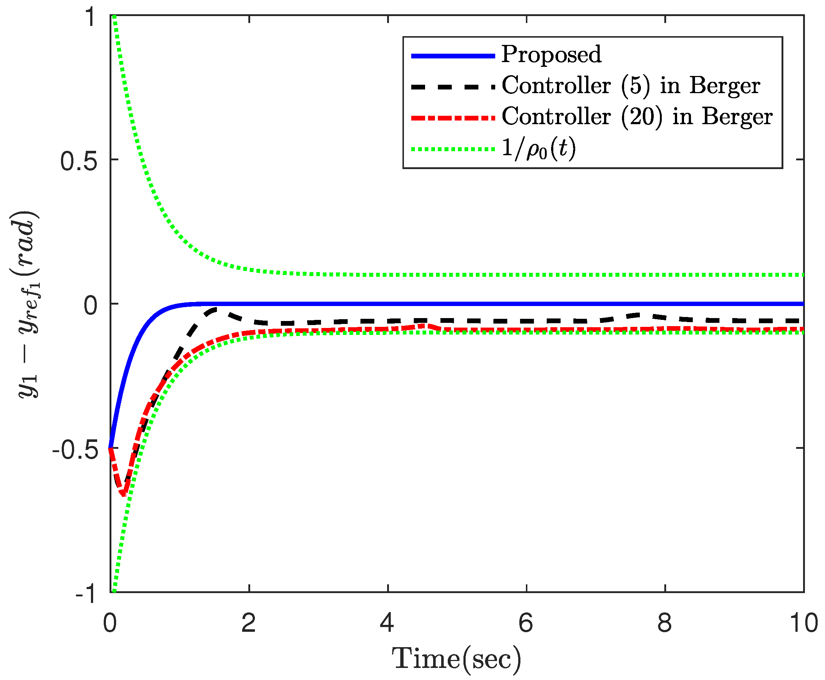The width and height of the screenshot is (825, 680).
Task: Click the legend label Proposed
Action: click(x=551, y=54)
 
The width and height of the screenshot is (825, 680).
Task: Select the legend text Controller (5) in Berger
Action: click(x=631, y=86)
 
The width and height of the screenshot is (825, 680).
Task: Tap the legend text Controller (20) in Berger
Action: click(x=637, y=117)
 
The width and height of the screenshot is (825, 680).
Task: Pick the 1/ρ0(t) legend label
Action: click(x=539, y=149)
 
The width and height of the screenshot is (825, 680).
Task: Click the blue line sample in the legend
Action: click(x=453, y=56)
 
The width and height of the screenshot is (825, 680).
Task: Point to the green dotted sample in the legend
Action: click(x=453, y=149)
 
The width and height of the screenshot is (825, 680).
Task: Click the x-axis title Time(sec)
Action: click(x=457, y=659)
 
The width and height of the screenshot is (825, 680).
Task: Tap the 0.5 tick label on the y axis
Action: click(x=79, y=161)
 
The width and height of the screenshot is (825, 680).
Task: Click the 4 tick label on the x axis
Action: click(x=387, y=622)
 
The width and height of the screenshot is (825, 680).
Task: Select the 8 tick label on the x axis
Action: click(x=665, y=622)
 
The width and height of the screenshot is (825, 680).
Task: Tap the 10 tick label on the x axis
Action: click(x=803, y=622)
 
